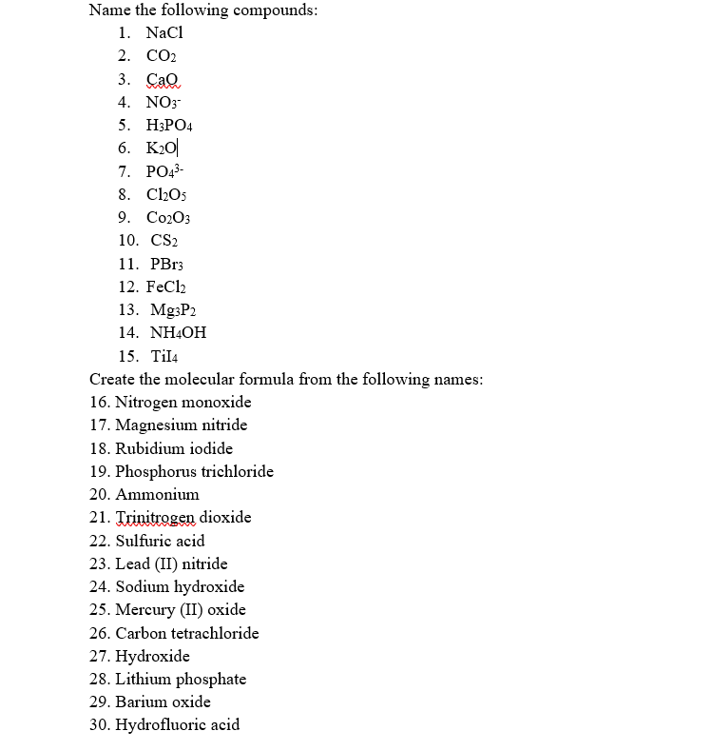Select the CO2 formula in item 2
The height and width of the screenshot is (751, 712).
(x=163, y=55)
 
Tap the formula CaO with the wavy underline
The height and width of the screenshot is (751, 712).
(x=163, y=79)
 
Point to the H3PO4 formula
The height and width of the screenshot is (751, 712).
(x=170, y=125)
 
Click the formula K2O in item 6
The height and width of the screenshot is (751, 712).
(x=161, y=148)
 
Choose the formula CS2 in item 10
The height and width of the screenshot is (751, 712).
(x=165, y=241)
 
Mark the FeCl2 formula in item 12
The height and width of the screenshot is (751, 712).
(x=169, y=287)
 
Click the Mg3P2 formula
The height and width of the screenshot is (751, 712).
(x=173, y=310)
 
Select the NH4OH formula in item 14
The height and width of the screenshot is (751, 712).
(x=178, y=333)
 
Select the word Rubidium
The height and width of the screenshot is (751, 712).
(x=146, y=448)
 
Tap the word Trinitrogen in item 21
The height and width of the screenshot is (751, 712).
(x=157, y=517)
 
